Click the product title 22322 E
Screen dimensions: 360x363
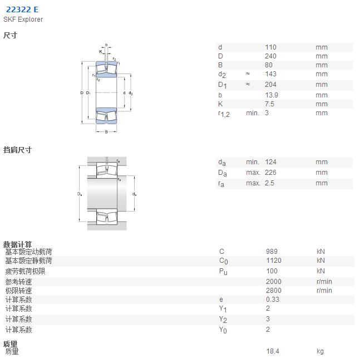22,9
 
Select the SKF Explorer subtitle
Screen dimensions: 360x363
23,19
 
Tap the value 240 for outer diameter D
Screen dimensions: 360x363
270,56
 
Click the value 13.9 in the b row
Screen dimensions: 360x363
272,95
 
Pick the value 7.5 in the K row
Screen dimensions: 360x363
269,104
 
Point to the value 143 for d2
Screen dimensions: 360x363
270,74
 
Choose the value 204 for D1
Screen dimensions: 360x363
270,85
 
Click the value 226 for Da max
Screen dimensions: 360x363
270,173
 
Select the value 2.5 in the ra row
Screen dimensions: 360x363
269,183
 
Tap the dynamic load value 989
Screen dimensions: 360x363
272,252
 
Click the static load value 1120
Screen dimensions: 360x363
274,261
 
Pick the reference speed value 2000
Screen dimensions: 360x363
274,282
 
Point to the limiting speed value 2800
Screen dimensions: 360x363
274,291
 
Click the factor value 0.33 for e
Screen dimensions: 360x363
273,300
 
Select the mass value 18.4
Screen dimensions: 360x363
273,351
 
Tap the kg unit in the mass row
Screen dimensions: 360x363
320,351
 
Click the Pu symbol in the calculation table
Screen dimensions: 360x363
223,271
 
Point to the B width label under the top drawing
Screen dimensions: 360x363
106,132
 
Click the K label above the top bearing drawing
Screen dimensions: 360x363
101,52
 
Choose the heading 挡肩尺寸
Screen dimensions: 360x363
17,150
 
